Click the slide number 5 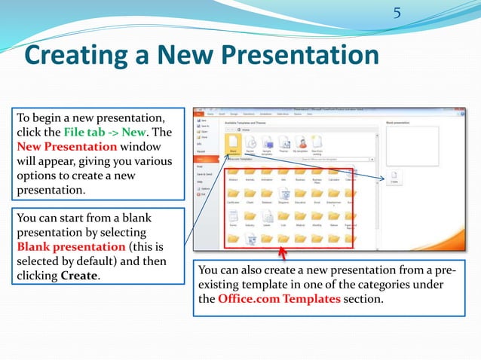[397, 13]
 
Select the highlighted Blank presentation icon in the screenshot [233, 144]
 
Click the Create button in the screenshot [394, 177]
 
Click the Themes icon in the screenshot [283, 144]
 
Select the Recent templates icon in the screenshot [250, 144]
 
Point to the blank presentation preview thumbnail [412, 145]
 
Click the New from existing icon [317, 144]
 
